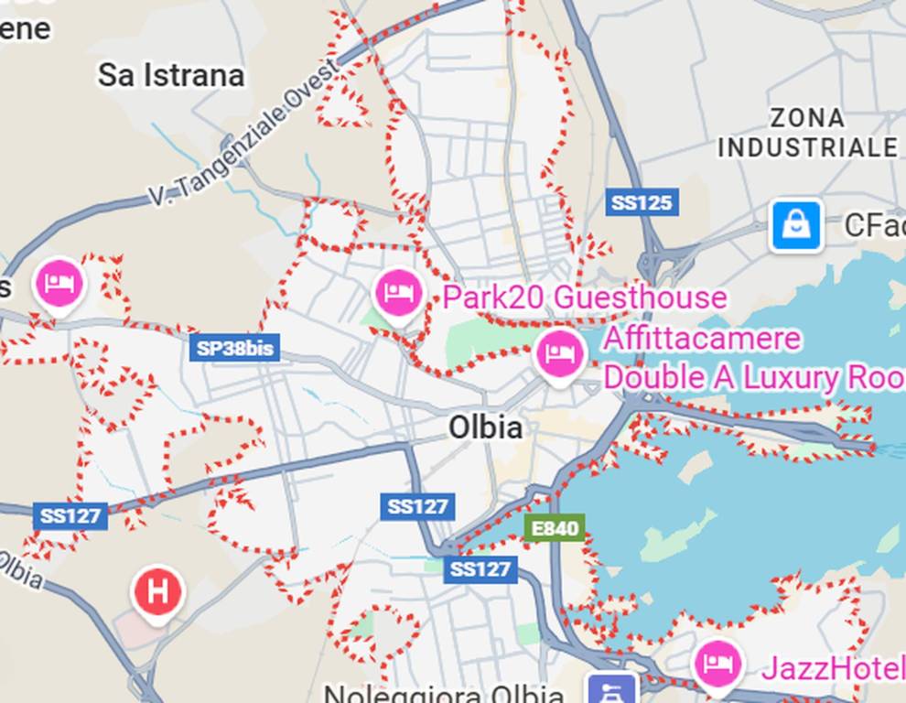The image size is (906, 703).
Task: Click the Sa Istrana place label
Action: (x=171, y=75)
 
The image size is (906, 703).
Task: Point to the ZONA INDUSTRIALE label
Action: (x=807, y=133)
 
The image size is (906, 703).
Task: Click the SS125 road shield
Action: (x=642, y=202)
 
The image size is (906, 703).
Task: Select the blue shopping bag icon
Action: (x=796, y=225)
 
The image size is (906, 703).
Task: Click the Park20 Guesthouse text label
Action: (x=584, y=297)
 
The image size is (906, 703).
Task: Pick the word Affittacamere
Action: (x=701, y=339)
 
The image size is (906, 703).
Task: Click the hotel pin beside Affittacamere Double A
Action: (x=560, y=354)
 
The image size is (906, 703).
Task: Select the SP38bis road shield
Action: (x=235, y=348)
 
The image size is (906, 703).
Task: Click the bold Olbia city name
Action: (x=485, y=427)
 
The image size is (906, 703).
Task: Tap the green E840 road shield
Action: (x=554, y=527)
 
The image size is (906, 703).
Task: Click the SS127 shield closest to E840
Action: (x=480, y=569)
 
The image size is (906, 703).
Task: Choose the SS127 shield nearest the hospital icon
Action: (x=70, y=515)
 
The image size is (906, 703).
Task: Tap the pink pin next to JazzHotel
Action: (x=717, y=664)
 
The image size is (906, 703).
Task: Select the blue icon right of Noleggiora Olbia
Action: (x=612, y=688)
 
